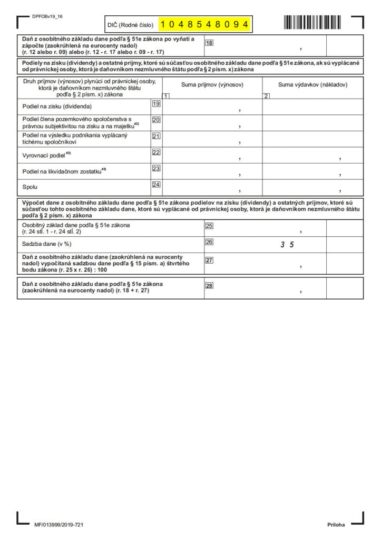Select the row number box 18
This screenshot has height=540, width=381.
(x=209, y=43)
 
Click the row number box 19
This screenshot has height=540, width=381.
(x=156, y=104)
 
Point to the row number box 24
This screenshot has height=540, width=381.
(x=156, y=185)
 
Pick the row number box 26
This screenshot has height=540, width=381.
(x=209, y=242)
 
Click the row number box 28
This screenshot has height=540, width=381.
(x=209, y=286)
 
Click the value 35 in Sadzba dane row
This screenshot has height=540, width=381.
(x=287, y=244)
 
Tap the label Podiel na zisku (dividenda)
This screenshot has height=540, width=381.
(x=57, y=107)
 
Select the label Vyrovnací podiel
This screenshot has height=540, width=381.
(x=46, y=155)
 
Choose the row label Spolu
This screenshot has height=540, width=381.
(x=30, y=187)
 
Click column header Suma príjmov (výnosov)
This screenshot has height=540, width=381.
(x=212, y=84)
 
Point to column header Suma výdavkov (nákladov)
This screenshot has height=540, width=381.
(x=312, y=84)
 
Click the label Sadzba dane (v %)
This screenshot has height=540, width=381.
(x=46, y=244)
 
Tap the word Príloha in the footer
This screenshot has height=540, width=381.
(x=336, y=525)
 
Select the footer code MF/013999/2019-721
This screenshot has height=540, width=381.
(x=59, y=525)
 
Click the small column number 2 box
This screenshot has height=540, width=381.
(x=267, y=96)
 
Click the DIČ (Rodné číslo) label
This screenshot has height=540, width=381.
(x=131, y=25)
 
